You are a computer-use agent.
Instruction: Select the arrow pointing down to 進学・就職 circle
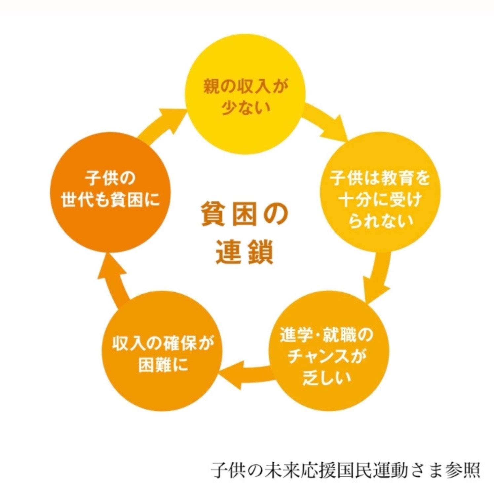point(378,276)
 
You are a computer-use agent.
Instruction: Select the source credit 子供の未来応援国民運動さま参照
point(346,469)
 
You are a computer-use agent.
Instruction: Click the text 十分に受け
point(380,200)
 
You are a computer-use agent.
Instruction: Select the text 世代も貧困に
point(110,200)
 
